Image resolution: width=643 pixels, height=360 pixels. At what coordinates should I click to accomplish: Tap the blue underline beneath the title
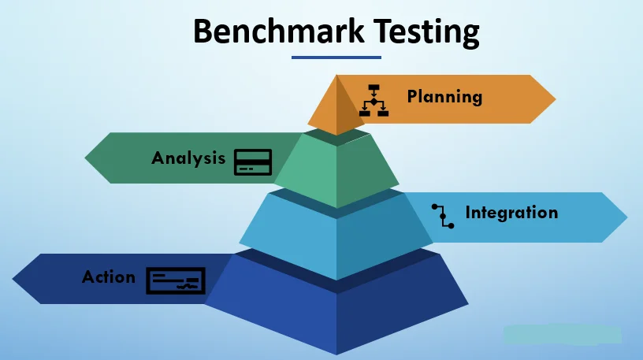(x=336, y=57)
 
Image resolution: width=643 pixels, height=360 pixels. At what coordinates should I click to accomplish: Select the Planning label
(x=444, y=97)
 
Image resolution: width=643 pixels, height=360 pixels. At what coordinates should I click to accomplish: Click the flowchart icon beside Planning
(x=374, y=99)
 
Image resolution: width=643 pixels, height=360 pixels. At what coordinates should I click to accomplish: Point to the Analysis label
(x=188, y=158)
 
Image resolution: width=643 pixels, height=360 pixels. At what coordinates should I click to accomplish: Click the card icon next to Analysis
(x=252, y=161)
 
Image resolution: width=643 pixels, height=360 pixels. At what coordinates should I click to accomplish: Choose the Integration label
(x=511, y=213)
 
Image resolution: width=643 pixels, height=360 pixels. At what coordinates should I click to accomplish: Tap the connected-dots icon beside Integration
(x=443, y=216)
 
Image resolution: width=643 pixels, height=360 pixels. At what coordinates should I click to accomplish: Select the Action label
(x=109, y=277)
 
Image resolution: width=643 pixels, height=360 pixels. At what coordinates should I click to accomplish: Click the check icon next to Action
(x=176, y=280)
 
